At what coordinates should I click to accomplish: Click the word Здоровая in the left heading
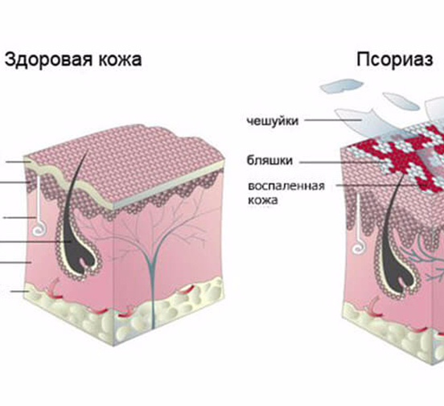tap(48, 59)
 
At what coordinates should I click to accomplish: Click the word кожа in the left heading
tap(120, 59)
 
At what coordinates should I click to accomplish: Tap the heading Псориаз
tap(395, 59)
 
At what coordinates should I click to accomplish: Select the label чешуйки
tap(273, 121)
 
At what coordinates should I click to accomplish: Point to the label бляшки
tap(269, 160)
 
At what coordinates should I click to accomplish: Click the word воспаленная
tap(286, 187)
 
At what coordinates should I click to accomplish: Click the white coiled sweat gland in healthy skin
tap(38, 229)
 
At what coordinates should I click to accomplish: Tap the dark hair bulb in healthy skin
tap(80, 256)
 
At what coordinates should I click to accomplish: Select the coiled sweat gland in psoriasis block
tap(358, 247)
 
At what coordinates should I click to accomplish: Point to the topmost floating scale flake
tap(342, 86)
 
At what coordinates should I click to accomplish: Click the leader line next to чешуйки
tap(333, 120)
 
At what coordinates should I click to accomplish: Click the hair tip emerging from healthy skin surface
tap(88, 150)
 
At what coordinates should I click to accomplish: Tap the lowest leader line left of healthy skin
tap(20, 291)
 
